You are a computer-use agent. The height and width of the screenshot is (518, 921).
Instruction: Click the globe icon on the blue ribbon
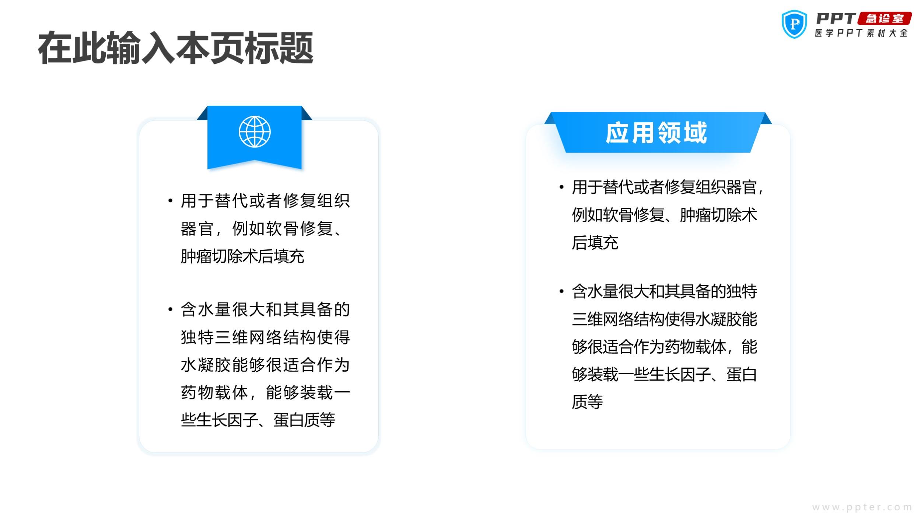pos(255,132)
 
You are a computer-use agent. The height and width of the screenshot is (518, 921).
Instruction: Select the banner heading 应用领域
pos(656,133)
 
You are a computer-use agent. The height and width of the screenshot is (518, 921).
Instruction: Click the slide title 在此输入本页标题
pos(176,48)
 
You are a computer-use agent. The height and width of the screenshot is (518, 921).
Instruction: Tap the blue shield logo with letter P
pos(794,24)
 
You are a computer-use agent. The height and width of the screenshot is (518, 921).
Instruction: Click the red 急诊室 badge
pos(885,18)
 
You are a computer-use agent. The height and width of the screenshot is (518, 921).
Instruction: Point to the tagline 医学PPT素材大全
pos(861,33)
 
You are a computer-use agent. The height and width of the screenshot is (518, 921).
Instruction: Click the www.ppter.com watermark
pos(862,507)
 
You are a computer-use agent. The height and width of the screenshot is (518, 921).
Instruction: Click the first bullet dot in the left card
pos(170,201)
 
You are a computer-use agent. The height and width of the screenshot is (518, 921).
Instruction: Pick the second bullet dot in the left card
pos(170,309)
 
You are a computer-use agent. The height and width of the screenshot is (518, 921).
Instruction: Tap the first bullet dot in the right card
pos(561,187)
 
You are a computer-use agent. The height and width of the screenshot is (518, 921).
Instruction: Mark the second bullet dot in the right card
pos(561,291)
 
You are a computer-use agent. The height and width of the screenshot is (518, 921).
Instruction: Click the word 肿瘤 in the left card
pos(196,256)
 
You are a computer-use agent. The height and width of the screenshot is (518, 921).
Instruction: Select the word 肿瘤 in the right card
pos(695,215)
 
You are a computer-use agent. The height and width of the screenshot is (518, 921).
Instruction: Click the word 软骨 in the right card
pos(618,215)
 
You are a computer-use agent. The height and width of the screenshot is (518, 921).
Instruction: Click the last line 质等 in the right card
pos(587,402)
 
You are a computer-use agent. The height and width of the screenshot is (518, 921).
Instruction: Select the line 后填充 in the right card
pos(595,243)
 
